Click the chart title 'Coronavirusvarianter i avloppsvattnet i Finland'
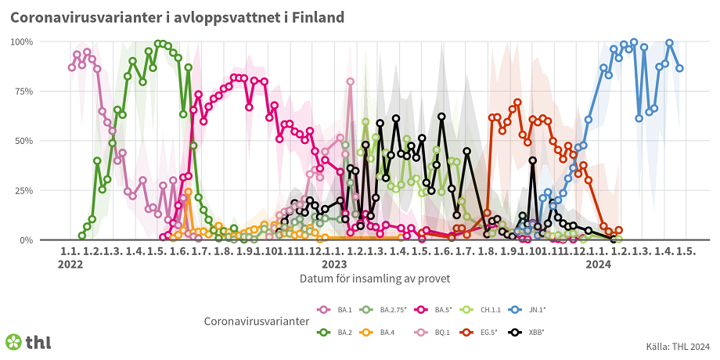(x=176, y=17)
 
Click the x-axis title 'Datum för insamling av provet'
(x=374, y=278)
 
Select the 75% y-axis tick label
(x=44, y=92)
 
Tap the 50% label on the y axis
(x=44, y=141)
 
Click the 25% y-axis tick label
(x=44, y=191)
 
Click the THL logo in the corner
(x=28, y=342)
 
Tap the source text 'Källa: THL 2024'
(x=678, y=347)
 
